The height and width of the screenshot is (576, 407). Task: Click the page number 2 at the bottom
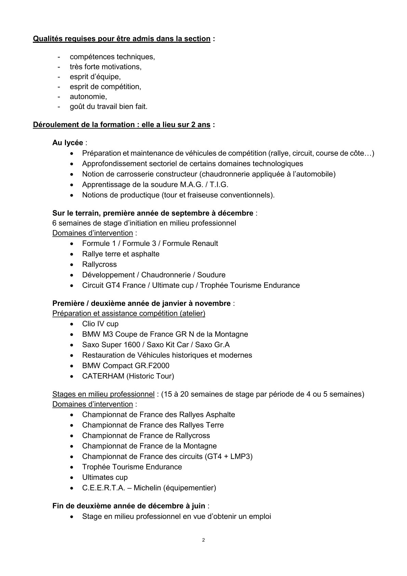click(x=204, y=540)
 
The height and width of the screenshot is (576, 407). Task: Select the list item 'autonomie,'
click(x=88, y=96)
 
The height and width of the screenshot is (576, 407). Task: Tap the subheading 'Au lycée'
click(x=68, y=143)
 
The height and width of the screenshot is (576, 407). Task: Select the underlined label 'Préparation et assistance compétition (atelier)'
click(x=128, y=313)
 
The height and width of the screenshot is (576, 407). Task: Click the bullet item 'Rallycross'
click(x=99, y=264)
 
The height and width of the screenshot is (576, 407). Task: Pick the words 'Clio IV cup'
click(x=100, y=324)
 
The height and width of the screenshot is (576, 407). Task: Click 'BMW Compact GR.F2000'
click(x=125, y=366)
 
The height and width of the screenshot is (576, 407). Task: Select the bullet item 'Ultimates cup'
click(x=105, y=477)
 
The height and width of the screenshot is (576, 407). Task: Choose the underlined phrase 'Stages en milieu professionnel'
click(x=103, y=394)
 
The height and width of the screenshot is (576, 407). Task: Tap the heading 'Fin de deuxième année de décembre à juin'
click(x=128, y=506)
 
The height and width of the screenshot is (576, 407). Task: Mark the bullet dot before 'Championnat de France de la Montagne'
click(x=71, y=446)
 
